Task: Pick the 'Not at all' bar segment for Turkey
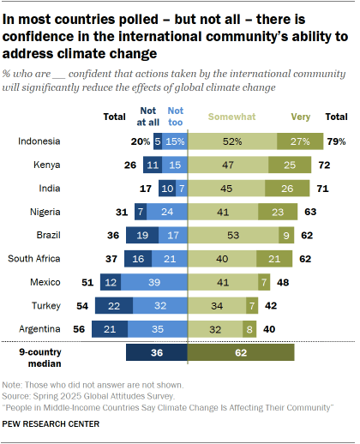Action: (x=137, y=303)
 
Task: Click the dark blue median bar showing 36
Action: (x=157, y=352)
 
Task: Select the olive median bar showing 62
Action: (x=242, y=352)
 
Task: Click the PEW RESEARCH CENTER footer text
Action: (x=51, y=423)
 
